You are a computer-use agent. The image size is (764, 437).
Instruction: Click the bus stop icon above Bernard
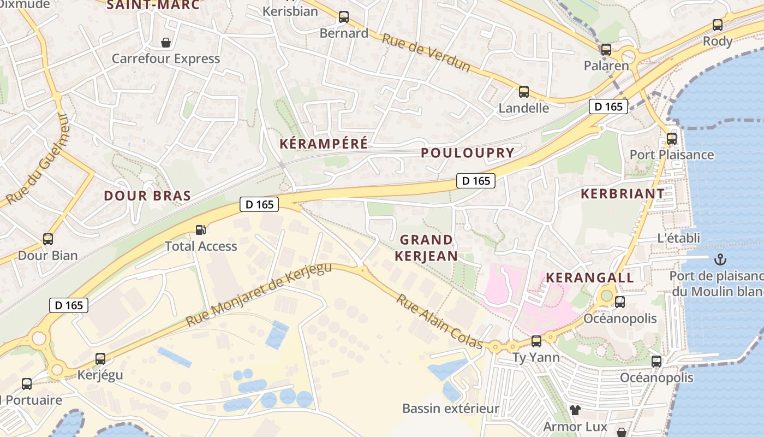pyautogui.click(x=343, y=17)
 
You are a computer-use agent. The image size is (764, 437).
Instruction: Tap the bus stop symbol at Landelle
pyautogui.click(x=524, y=91)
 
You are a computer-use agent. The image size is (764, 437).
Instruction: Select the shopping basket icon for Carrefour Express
pyautogui.click(x=165, y=42)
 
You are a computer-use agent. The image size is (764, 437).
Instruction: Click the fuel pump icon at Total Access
pyautogui.click(x=201, y=230)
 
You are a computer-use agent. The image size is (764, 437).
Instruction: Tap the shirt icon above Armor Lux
pyautogui.click(x=575, y=410)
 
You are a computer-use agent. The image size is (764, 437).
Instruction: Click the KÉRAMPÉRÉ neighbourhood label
pyautogui.click(x=324, y=144)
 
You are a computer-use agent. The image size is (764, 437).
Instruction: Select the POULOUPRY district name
pyautogui.click(x=468, y=153)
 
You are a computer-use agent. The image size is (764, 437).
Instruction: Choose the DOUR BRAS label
pyautogui.click(x=147, y=196)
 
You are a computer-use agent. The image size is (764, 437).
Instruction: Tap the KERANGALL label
pyautogui.click(x=590, y=277)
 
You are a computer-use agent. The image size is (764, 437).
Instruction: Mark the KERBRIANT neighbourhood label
pyautogui.click(x=623, y=193)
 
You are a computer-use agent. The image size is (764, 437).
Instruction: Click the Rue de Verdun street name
pyautogui.click(x=425, y=52)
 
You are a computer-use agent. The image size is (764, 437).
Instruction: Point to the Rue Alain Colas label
pyautogui.click(x=439, y=321)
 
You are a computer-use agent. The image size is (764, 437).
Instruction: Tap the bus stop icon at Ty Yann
pyautogui.click(x=536, y=341)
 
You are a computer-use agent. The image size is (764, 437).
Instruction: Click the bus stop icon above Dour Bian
pyautogui.click(x=48, y=239)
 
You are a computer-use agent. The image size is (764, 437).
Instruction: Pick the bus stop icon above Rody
pyautogui.click(x=718, y=25)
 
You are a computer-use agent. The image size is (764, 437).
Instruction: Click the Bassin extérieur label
pyautogui.click(x=451, y=409)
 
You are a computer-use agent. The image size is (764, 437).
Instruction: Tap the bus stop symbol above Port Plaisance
pyautogui.click(x=672, y=138)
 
